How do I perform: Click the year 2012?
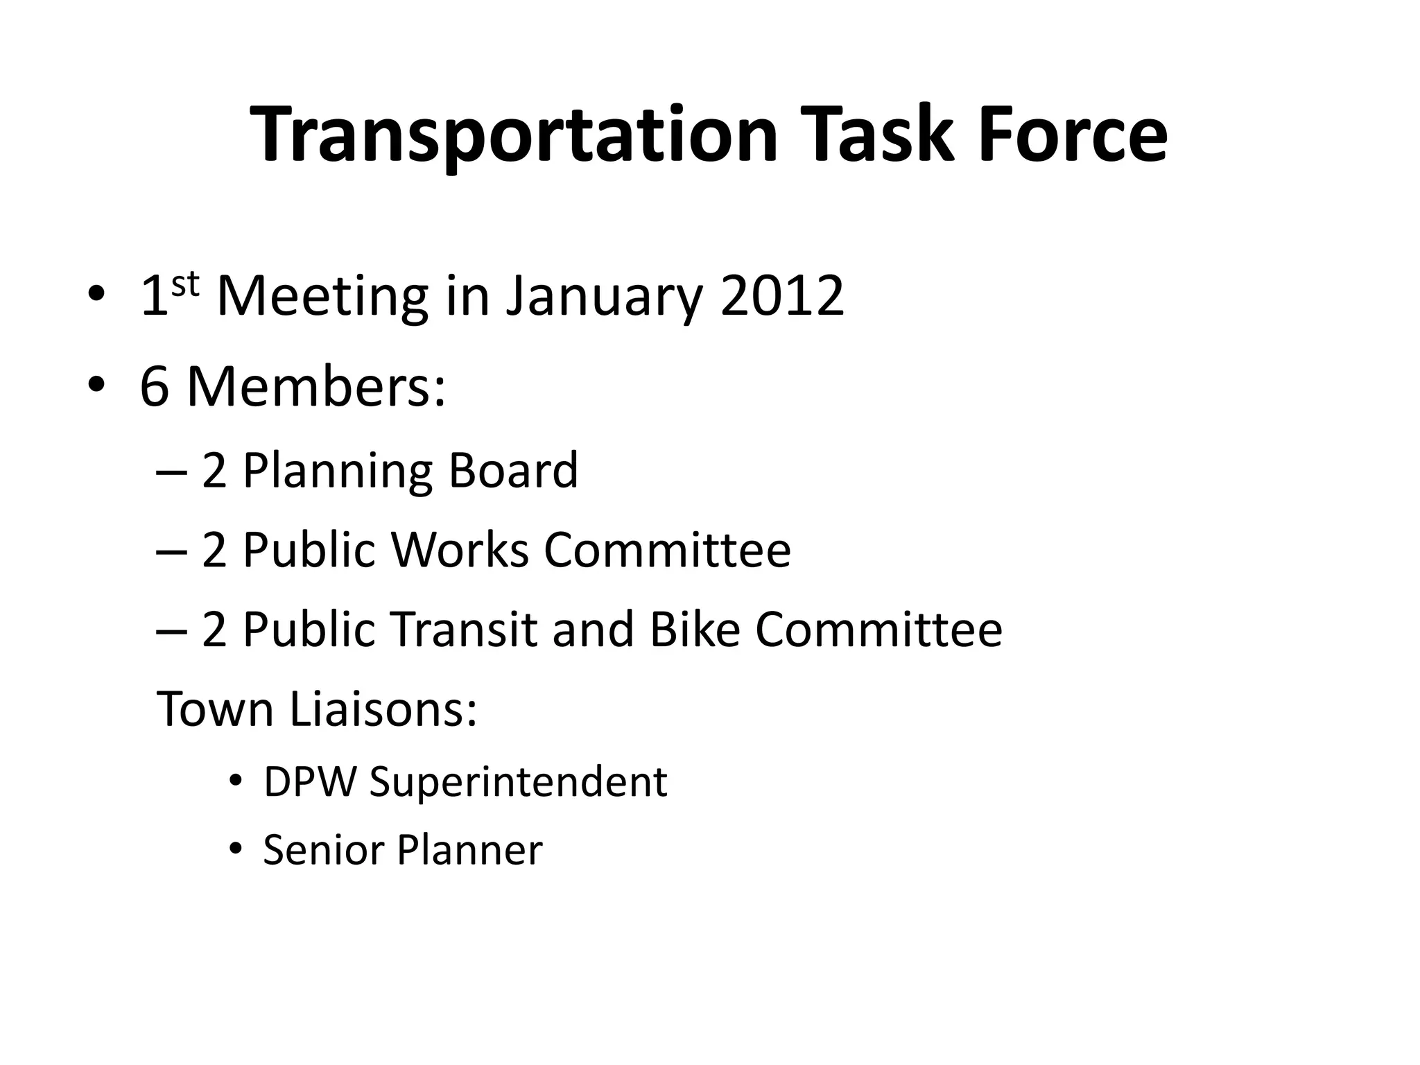[x=782, y=296]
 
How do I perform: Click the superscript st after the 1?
[x=185, y=284]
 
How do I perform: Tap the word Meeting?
[x=322, y=298]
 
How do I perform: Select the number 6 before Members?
[x=155, y=387]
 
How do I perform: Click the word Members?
[x=316, y=387]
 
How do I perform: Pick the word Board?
[x=513, y=470]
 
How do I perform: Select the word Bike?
[x=695, y=630]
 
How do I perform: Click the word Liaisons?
[x=383, y=709]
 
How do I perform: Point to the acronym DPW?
[x=310, y=781]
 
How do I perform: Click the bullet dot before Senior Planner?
[x=236, y=849]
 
